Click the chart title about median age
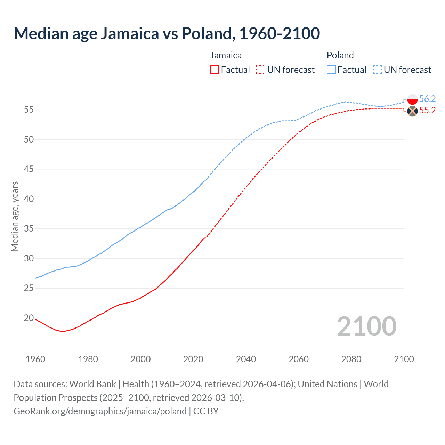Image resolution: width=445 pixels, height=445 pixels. pyautogui.click(x=167, y=33)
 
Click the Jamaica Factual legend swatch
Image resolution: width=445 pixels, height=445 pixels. pyautogui.click(x=215, y=70)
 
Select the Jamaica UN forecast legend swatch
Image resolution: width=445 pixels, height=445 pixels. pyautogui.click(x=261, y=70)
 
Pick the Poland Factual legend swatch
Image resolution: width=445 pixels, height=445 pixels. pyautogui.click(x=331, y=70)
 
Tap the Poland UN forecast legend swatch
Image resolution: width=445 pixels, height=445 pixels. pyautogui.click(x=377, y=70)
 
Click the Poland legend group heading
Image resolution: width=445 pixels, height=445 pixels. pyautogui.click(x=340, y=55)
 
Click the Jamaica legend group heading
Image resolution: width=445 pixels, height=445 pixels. pyautogui.click(x=226, y=55)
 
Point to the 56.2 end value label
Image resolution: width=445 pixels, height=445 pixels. pyautogui.click(x=427, y=99)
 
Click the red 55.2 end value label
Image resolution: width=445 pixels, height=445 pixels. pyautogui.click(x=427, y=111)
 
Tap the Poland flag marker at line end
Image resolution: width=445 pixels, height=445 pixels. pyautogui.click(x=412, y=99)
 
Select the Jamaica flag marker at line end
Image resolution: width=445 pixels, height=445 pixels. pyautogui.click(x=412, y=111)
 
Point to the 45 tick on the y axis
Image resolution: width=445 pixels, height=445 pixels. pyautogui.click(x=29, y=169)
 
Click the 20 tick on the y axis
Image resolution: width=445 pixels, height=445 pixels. pyautogui.click(x=29, y=318)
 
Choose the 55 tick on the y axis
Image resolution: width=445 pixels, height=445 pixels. pyautogui.click(x=29, y=110)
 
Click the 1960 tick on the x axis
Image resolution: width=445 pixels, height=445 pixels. pyautogui.click(x=35, y=359)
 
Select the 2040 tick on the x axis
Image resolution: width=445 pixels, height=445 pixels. pyautogui.click(x=246, y=359)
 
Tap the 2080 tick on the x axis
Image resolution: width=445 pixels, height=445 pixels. pyautogui.click(x=351, y=359)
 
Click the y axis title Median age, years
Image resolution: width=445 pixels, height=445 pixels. pyautogui.click(x=15, y=216)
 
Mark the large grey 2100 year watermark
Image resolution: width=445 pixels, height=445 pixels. pyautogui.click(x=366, y=326)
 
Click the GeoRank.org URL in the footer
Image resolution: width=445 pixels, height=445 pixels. pyautogui.click(x=100, y=411)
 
